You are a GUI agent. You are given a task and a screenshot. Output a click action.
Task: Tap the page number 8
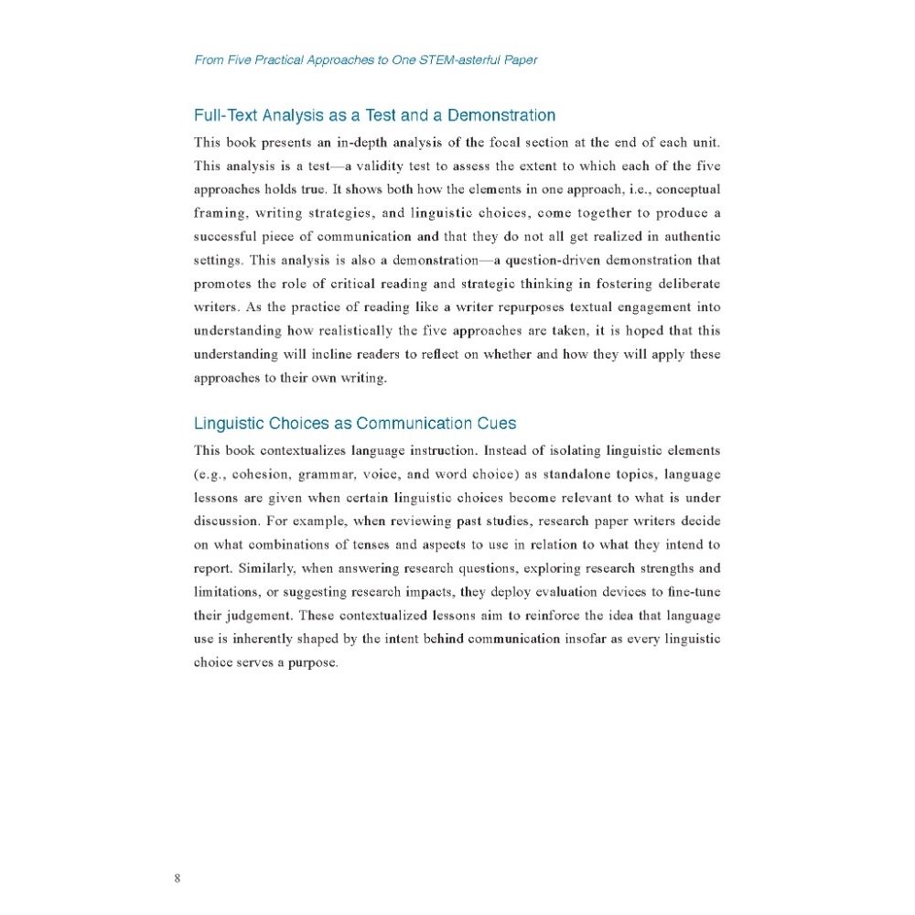pyautogui.click(x=177, y=880)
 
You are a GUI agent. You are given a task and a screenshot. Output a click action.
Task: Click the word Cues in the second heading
pyautogui.click(x=497, y=424)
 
